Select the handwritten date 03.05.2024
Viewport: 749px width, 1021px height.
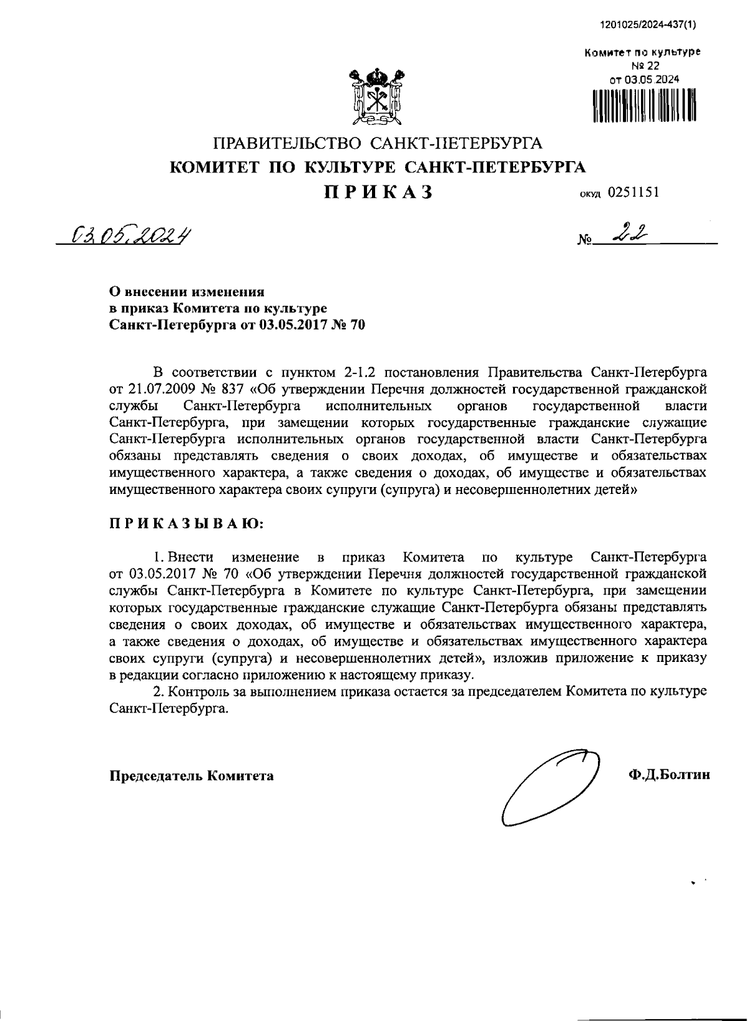pos(131,235)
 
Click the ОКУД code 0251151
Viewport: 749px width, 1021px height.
pos(633,192)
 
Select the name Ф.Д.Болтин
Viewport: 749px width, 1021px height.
pos(670,776)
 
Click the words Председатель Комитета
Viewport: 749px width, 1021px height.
pos(192,776)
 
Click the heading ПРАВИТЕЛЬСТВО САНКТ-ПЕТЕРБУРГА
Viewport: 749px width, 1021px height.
pos(378,144)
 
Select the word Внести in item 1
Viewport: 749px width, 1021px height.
pos(191,556)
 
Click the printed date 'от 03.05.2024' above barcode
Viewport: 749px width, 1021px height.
pos(644,79)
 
